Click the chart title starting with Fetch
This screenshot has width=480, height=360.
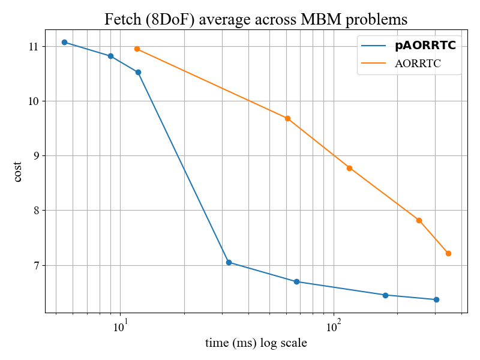256,19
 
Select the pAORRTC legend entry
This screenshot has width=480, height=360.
429,45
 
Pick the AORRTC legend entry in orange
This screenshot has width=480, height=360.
418,64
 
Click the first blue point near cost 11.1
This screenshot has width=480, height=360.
64,42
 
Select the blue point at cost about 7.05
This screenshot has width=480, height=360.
229,262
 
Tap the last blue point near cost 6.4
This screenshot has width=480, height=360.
436,299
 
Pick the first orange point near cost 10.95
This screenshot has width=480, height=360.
137,49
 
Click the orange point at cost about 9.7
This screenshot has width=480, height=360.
287,118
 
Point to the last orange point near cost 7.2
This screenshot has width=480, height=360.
448,253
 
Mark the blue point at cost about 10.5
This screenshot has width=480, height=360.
138,72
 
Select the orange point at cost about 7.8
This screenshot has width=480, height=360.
419,220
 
